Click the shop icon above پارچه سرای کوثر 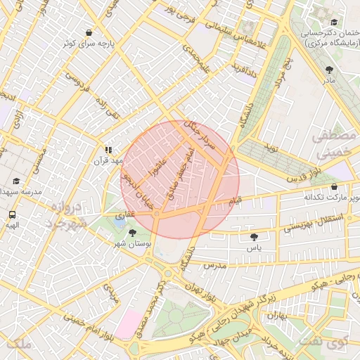click(89, 32)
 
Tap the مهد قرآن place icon click(108, 150)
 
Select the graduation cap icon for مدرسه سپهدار click(15, 181)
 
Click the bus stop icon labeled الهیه click(12, 214)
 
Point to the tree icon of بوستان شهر click(133, 232)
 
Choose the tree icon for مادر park click(330, 69)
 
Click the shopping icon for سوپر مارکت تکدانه click(333, 186)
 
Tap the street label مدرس click(214, 266)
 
